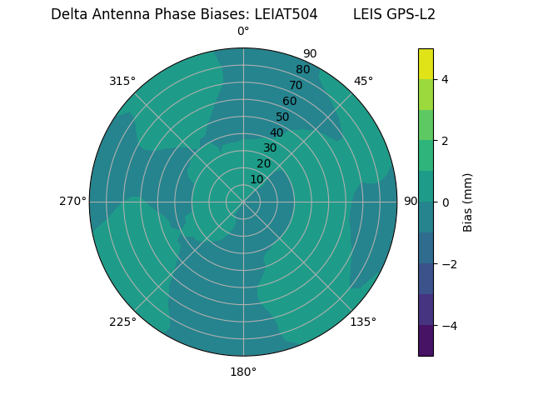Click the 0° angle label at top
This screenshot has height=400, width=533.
(x=243, y=32)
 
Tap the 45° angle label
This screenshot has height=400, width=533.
(x=363, y=81)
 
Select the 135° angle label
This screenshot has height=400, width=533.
(x=363, y=322)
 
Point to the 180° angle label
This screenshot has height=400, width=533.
(x=243, y=372)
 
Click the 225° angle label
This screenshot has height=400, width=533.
(x=122, y=322)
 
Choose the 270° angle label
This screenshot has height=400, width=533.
(x=72, y=201)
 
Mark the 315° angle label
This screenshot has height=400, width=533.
(x=122, y=81)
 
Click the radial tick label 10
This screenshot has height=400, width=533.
(x=257, y=179)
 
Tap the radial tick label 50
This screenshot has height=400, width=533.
(x=282, y=117)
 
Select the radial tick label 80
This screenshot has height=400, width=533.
(x=302, y=69)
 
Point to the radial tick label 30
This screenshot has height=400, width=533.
(x=270, y=147)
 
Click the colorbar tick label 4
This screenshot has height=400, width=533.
(x=445, y=79)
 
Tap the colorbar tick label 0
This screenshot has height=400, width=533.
(x=445, y=202)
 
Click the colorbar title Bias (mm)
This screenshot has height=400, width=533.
(x=468, y=202)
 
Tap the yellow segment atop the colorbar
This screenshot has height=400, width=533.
(x=426, y=63)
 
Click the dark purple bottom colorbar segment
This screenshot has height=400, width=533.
(x=426, y=340)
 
